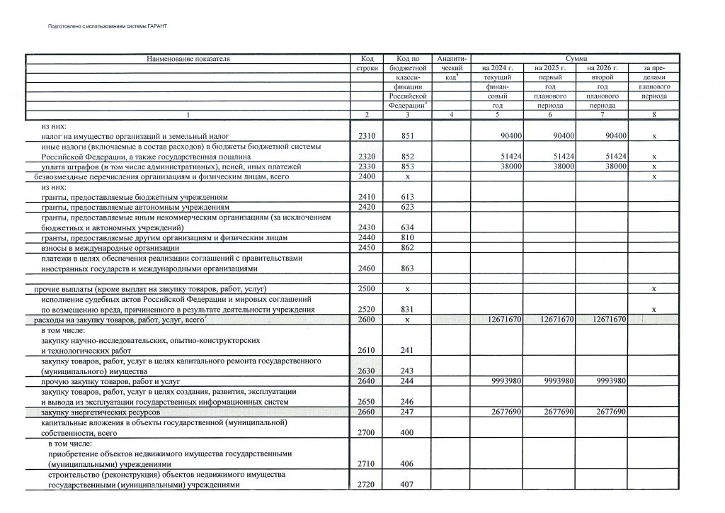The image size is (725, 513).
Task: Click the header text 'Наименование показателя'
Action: click(x=188, y=58)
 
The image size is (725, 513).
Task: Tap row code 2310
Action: click(x=367, y=135)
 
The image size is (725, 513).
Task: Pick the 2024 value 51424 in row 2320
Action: click(x=508, y=156)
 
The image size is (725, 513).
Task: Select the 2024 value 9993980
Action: click(x=506, y=381)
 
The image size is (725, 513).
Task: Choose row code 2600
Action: click(x=367, y=320)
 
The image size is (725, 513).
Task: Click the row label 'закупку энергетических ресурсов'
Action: click(x=101, y=412)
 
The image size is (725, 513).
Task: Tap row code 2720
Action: click(x=367, y=485)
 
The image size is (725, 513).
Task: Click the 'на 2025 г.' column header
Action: click(x=549, y=67)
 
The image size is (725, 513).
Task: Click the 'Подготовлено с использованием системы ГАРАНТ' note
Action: click(x=105, y=26)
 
